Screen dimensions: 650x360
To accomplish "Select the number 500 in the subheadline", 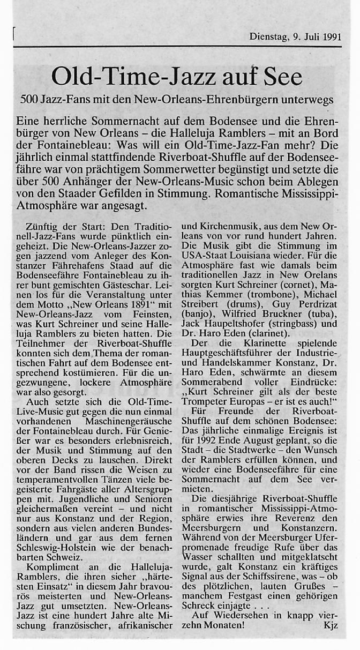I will pyautogui.click(x=29, y=100).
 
